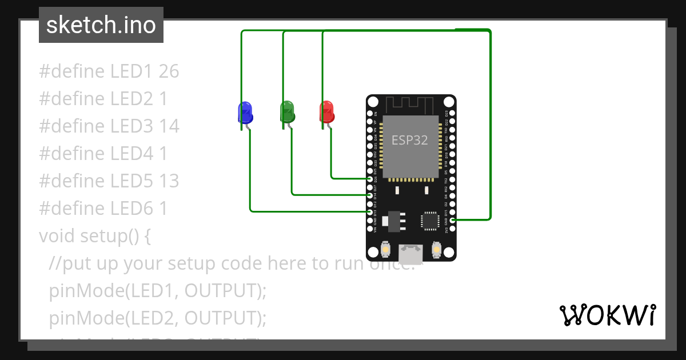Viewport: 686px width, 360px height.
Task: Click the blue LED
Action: (x=245, y=112)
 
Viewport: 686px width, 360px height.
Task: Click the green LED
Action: (x=287, y=111)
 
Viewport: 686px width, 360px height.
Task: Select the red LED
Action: (x=326, y=111)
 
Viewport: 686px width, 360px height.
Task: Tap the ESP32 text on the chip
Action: (x=409, y=140)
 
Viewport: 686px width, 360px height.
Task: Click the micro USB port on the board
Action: (x=411, y=253)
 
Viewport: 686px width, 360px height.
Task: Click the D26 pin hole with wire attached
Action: (x=370, y=179)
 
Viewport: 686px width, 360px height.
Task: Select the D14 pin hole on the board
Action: (x=370, y=195)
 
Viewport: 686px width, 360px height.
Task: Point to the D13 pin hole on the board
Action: (x=370, y=211)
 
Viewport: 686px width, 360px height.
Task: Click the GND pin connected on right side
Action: (x=452, y=219)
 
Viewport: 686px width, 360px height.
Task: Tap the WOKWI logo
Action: (x=607, y=315)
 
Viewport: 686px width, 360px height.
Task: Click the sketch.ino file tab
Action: (x=101, y=25)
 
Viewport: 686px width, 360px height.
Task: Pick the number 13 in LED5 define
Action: (x=169, y=181)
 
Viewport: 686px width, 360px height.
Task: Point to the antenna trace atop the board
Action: (x=410, y=105)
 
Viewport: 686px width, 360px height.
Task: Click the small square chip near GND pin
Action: (x=430, y=221)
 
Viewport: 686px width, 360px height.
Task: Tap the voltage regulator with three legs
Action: (x=394, y=219)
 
